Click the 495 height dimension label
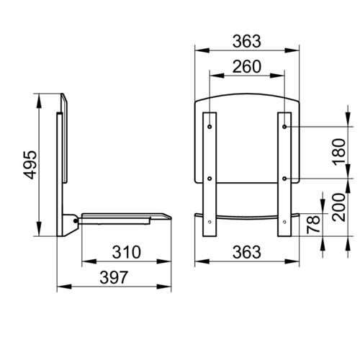(x=30, y=165)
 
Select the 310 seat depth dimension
(x=127, y=252)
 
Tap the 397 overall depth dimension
(x=114, y=277)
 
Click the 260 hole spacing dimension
(x=247, y=66)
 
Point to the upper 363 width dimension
(x=247, y=41)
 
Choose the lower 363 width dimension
(x=247, y=252)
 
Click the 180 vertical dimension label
(x=340, y=152)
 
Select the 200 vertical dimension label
(x=340, y=207)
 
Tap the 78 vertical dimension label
(x=313, y=225)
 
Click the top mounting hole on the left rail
(x=210, y=127)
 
